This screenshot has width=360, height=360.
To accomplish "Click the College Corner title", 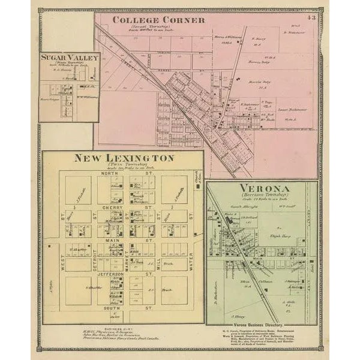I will pyautogui.click(x=159, y=20).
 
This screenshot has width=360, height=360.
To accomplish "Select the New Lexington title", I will pyautogui.click(x=124, y=158).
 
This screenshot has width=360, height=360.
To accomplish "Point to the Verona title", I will pyautogui.click(x=262, y=188).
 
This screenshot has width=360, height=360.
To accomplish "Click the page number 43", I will pyautogui.click(x=310, y=17).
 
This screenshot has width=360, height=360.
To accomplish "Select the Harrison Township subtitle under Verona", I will pyautogui.click(x=262, y=196).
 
